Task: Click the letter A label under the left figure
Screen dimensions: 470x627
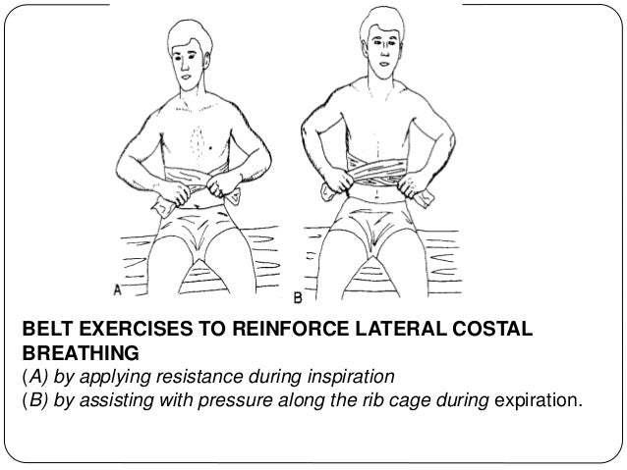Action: click(118, 291)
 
